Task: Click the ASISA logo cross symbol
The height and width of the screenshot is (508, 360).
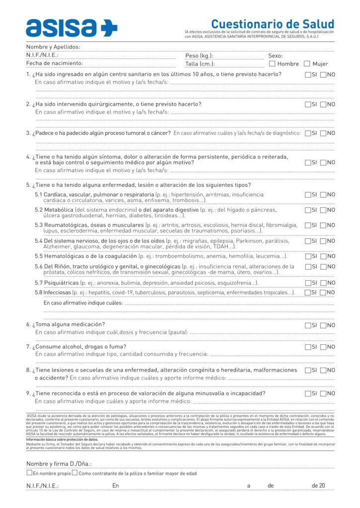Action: pyautogui.click(x=109, y=28)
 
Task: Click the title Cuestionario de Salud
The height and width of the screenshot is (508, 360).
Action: pyautogui.click(x=272, y=24)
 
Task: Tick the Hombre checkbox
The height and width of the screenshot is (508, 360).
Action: pyautogui.click(x=272, y=64)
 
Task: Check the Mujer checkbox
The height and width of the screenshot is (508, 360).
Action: pyautogui.click(x=307, y=64)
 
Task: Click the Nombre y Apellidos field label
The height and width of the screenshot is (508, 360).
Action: pyautogui.click(x=53, y=47)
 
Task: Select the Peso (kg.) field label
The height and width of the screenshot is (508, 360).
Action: pyautogui.click(x=199, y=56)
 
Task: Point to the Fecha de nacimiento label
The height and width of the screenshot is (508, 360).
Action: pyautogui.click(x=55, y=63)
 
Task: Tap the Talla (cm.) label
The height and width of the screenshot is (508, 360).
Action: pyautogui.click(x=200, y=64)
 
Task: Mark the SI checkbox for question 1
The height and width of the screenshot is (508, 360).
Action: pyautogui.click(x=308, y=74)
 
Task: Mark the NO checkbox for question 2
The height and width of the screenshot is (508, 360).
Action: pyautogui.click(x=324, y=104)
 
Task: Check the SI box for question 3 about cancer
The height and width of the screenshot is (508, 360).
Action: pyautogui.click(x=308, y=133)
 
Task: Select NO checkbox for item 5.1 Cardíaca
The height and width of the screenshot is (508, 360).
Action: pyautogui.click(x=324, y=194)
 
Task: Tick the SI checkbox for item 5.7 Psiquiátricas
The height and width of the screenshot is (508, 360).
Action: pyautogui.click(x=308, y=283)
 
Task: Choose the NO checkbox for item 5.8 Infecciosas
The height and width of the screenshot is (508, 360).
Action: pyautogui.click(x=324, y=292)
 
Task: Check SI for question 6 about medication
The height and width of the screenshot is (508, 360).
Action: pyautogui.click(x=308, y=325)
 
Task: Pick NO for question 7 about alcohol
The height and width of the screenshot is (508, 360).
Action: pyautogui.click(x=324, y=347)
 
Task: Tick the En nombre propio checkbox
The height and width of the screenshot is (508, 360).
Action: pyautogui.click(x=29, y=473)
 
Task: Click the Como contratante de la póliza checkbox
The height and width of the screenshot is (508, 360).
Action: pyautogui.click(x=74, y=473)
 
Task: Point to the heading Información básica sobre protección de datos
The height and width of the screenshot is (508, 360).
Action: pyautogui.click(x=62, y=440)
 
